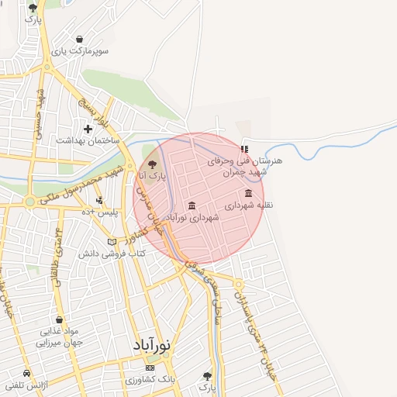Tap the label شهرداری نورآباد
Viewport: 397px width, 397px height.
192,219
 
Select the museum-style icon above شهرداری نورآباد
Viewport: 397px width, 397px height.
192,205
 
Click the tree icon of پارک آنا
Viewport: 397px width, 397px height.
152,164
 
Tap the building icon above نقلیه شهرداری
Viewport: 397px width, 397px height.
248,193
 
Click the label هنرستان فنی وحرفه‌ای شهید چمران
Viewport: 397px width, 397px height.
247,166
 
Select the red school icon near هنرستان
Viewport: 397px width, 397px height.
245,149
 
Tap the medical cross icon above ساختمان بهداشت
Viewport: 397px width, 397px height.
88,127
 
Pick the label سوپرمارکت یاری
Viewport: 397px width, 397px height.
81,51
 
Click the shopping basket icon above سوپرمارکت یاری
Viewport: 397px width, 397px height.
81,38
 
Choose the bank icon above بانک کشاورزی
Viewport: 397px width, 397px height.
150,368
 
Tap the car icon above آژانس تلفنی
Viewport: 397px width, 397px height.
27,372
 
